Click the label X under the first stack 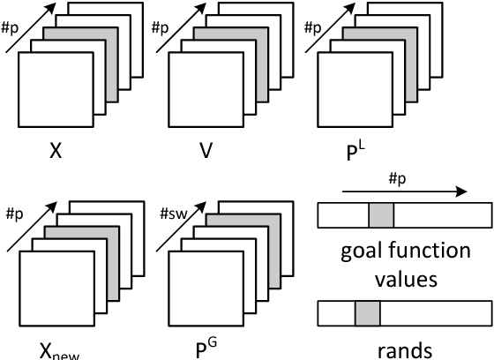56,150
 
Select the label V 206,150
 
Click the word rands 405,349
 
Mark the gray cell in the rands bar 367,313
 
